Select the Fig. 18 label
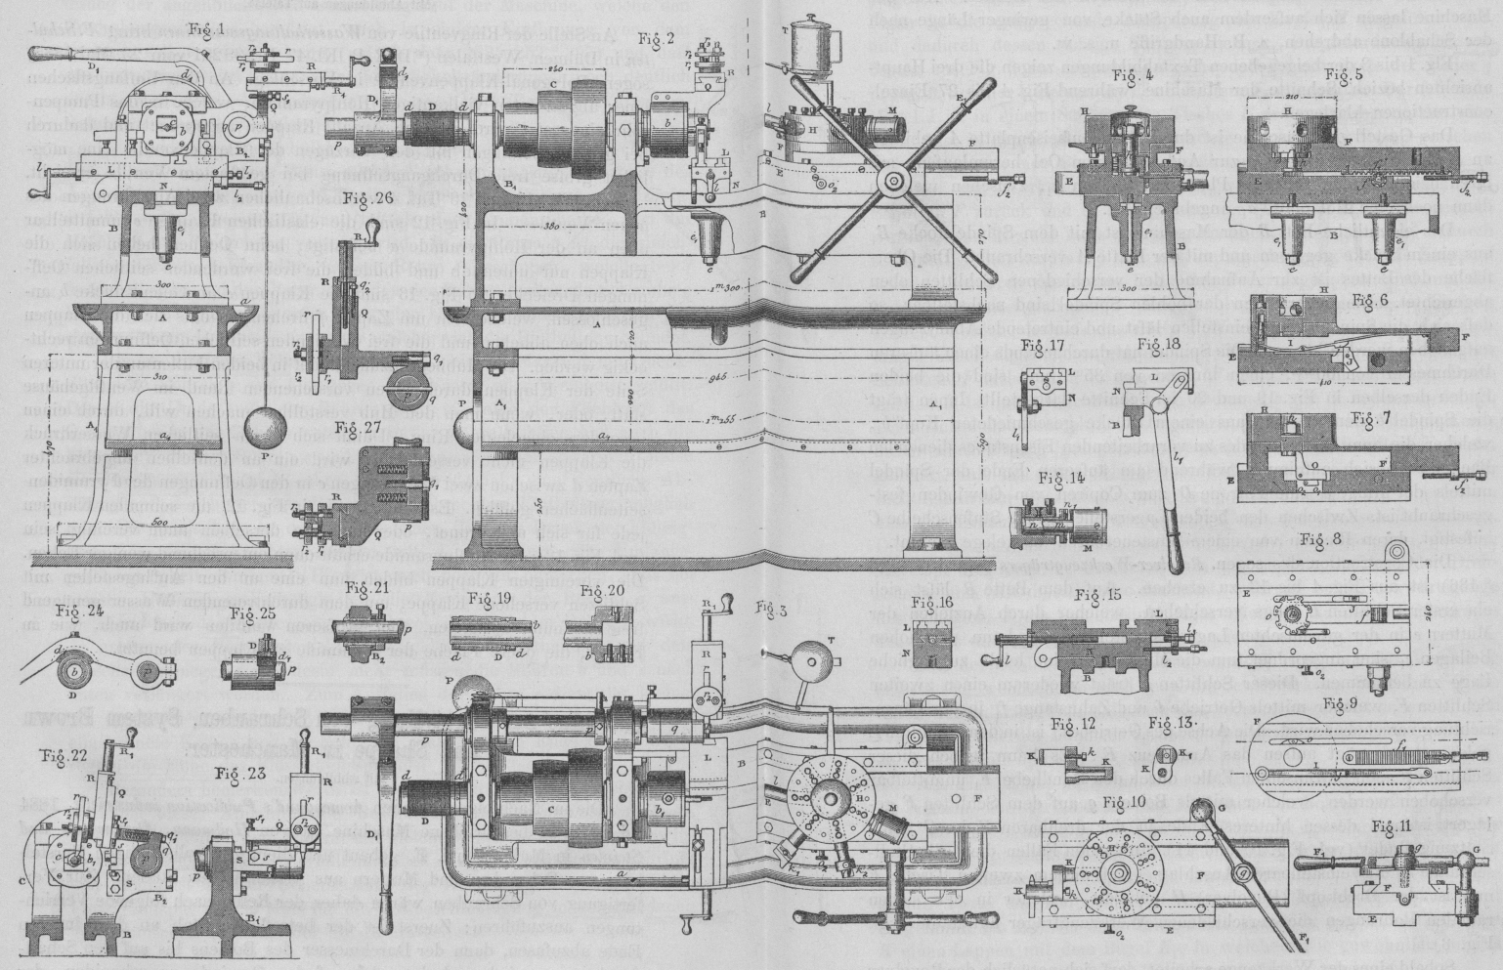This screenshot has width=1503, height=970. click(x=1169, y=347)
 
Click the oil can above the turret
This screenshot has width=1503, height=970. click(x=814, y=41)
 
